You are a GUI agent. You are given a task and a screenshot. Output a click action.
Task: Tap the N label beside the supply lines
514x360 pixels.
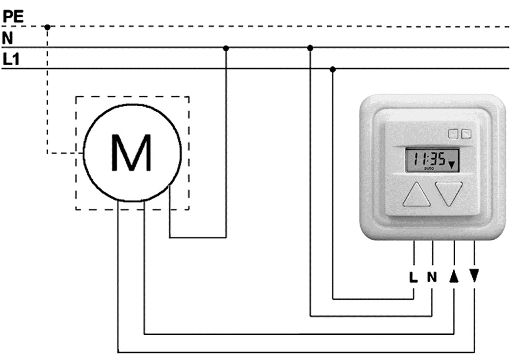(8, 38)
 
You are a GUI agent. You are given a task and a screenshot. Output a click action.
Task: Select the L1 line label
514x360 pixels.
(12, 60)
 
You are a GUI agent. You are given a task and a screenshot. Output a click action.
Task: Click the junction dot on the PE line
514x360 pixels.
(47, 27)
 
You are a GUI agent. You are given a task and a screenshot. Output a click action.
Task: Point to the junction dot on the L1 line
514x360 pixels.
(333, 69)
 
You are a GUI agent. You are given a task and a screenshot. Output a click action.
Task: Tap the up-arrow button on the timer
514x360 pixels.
(417, 194)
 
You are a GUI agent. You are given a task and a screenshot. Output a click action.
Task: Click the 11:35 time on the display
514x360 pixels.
(429, 159)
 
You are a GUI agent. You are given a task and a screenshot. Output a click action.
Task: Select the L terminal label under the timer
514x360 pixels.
(413, 277)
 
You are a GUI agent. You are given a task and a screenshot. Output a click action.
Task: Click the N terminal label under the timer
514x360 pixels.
(432, 277)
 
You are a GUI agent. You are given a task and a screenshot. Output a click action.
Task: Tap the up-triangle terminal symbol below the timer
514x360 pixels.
(454, 276)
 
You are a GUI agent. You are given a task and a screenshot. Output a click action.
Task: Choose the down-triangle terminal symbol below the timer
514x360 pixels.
(474, 276)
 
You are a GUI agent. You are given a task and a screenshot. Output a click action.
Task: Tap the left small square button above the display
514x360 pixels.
(454, 135)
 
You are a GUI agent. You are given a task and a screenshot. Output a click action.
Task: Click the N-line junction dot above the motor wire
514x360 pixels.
(226, 47)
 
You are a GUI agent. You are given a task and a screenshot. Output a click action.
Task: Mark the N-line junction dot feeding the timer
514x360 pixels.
(310, 47)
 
